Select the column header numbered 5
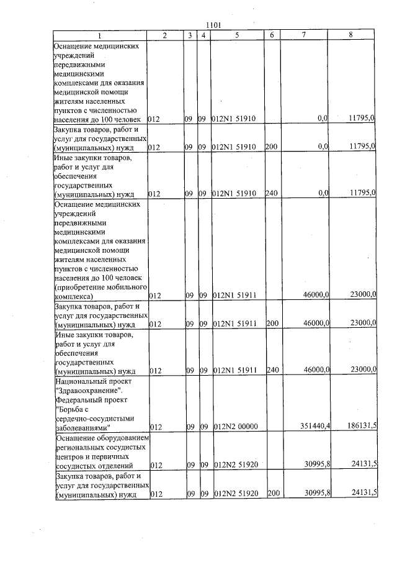coord(236,35)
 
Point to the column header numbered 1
coord(99,35)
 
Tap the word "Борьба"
coord(68,408)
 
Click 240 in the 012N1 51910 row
coord(271,194)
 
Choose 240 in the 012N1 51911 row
coord(271,371)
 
